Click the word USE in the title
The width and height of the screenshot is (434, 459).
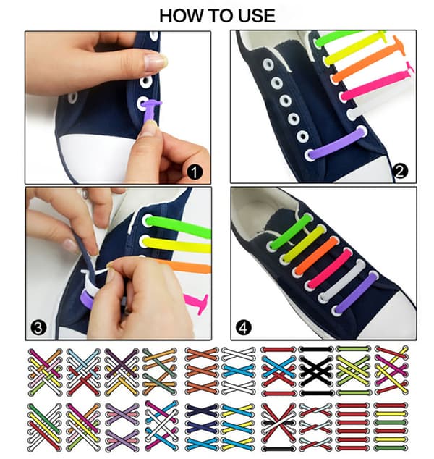[x=257, y=16]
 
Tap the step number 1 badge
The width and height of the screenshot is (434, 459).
[x=195, y=172]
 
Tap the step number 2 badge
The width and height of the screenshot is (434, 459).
[x=400, y=172]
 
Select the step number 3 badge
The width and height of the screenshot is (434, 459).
[x=38, y=328]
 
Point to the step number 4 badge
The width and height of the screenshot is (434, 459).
[x=244, y=328]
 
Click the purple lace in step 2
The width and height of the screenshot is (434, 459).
[x=337, y=143]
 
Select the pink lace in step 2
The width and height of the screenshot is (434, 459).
[x=378, y=83]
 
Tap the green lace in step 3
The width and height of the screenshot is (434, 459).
[x=179, y=226]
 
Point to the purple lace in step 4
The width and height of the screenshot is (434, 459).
[x=356, y=292]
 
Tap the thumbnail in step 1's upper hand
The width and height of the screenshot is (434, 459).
[x=156, y=62]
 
